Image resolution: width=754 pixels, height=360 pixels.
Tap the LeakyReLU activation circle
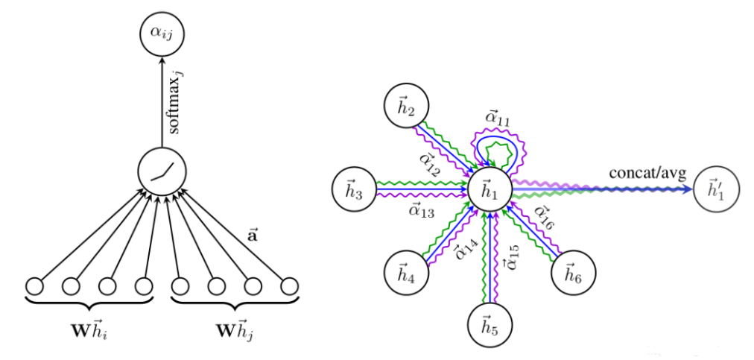[162, 172]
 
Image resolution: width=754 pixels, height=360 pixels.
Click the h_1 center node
[490, 189]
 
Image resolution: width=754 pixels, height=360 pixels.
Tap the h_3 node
[354, 189]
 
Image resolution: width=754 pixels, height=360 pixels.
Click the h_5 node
[490, 326]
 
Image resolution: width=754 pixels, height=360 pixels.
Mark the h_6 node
[572, 271]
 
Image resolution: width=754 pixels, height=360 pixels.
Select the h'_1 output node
[715, 189]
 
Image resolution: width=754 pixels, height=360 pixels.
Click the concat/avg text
[647, 173]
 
